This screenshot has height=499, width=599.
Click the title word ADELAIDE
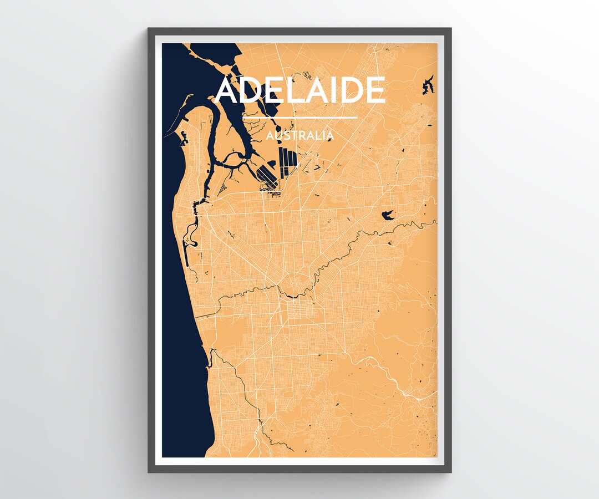300,90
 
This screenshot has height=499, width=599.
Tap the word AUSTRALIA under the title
300,135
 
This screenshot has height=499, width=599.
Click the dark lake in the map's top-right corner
428,85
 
